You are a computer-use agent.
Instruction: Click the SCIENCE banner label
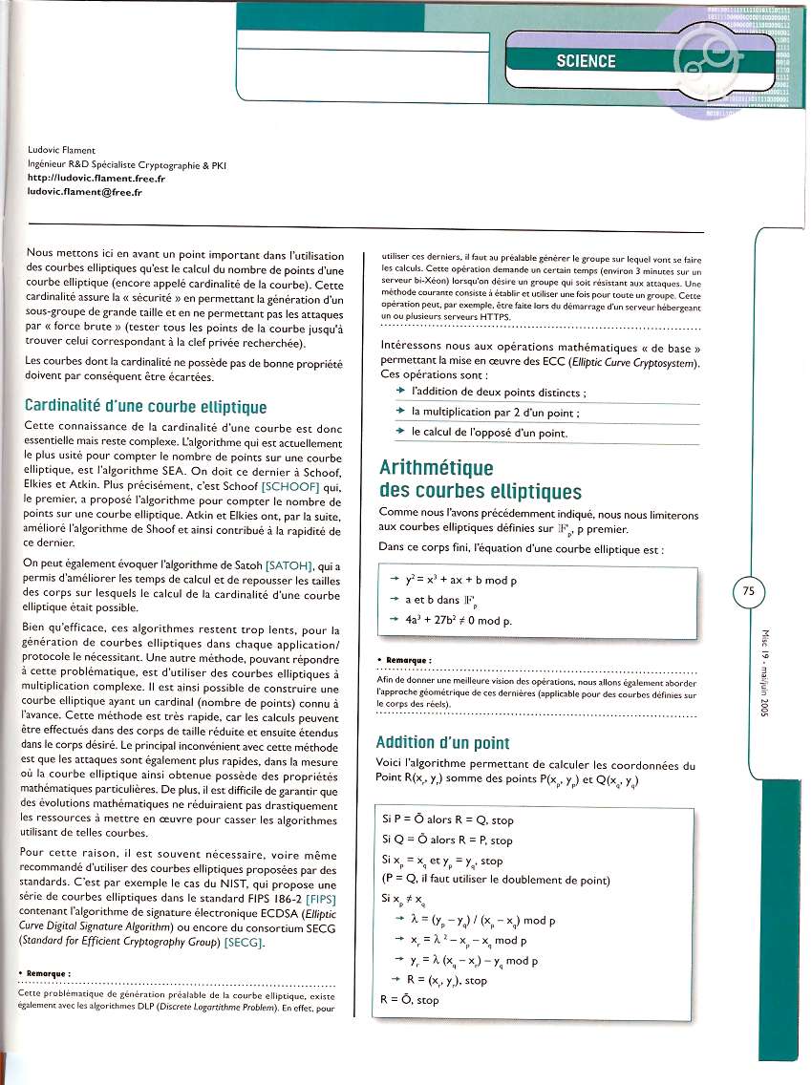click(586, 61)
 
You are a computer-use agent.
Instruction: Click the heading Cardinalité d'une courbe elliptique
click(145, 407)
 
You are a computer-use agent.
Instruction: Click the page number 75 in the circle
click(749, 591)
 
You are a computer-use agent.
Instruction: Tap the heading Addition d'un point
click(442, 742)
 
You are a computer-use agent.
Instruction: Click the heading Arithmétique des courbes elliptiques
click(481, 479)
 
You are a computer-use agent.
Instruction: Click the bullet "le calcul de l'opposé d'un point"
click(489, 433)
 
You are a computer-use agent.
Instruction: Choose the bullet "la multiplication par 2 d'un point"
click(495, 413)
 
